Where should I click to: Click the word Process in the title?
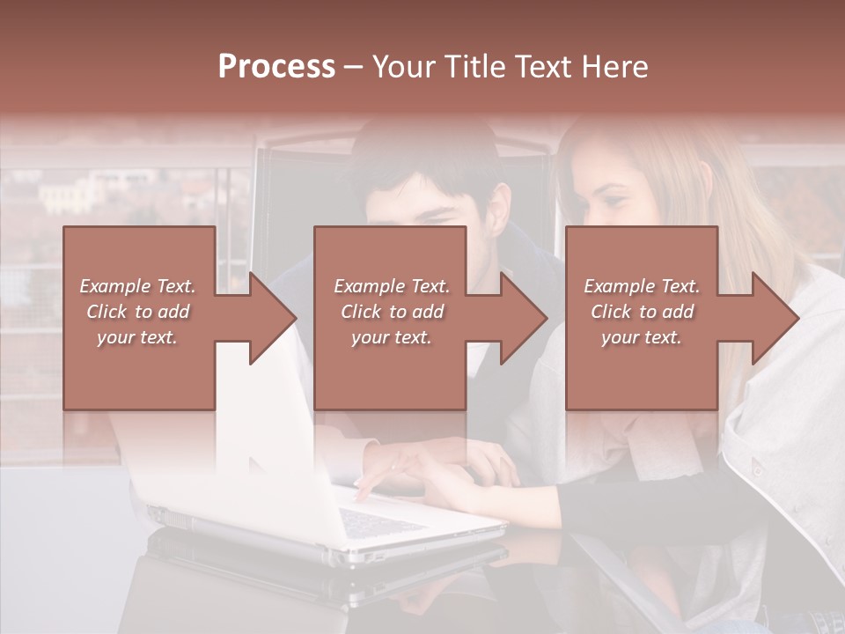[276, 67]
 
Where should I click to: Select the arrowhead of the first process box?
[269, 318]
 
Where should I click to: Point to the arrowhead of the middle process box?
[520, 318]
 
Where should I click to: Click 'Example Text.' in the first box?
[137, 286]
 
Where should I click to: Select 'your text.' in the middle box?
[391, 337]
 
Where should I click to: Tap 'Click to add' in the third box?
[642, 312]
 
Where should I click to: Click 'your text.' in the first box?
[137, 337]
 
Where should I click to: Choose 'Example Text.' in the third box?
[642, 286]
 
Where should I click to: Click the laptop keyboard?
[378, 523]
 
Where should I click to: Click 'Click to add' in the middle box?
[391, 312]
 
